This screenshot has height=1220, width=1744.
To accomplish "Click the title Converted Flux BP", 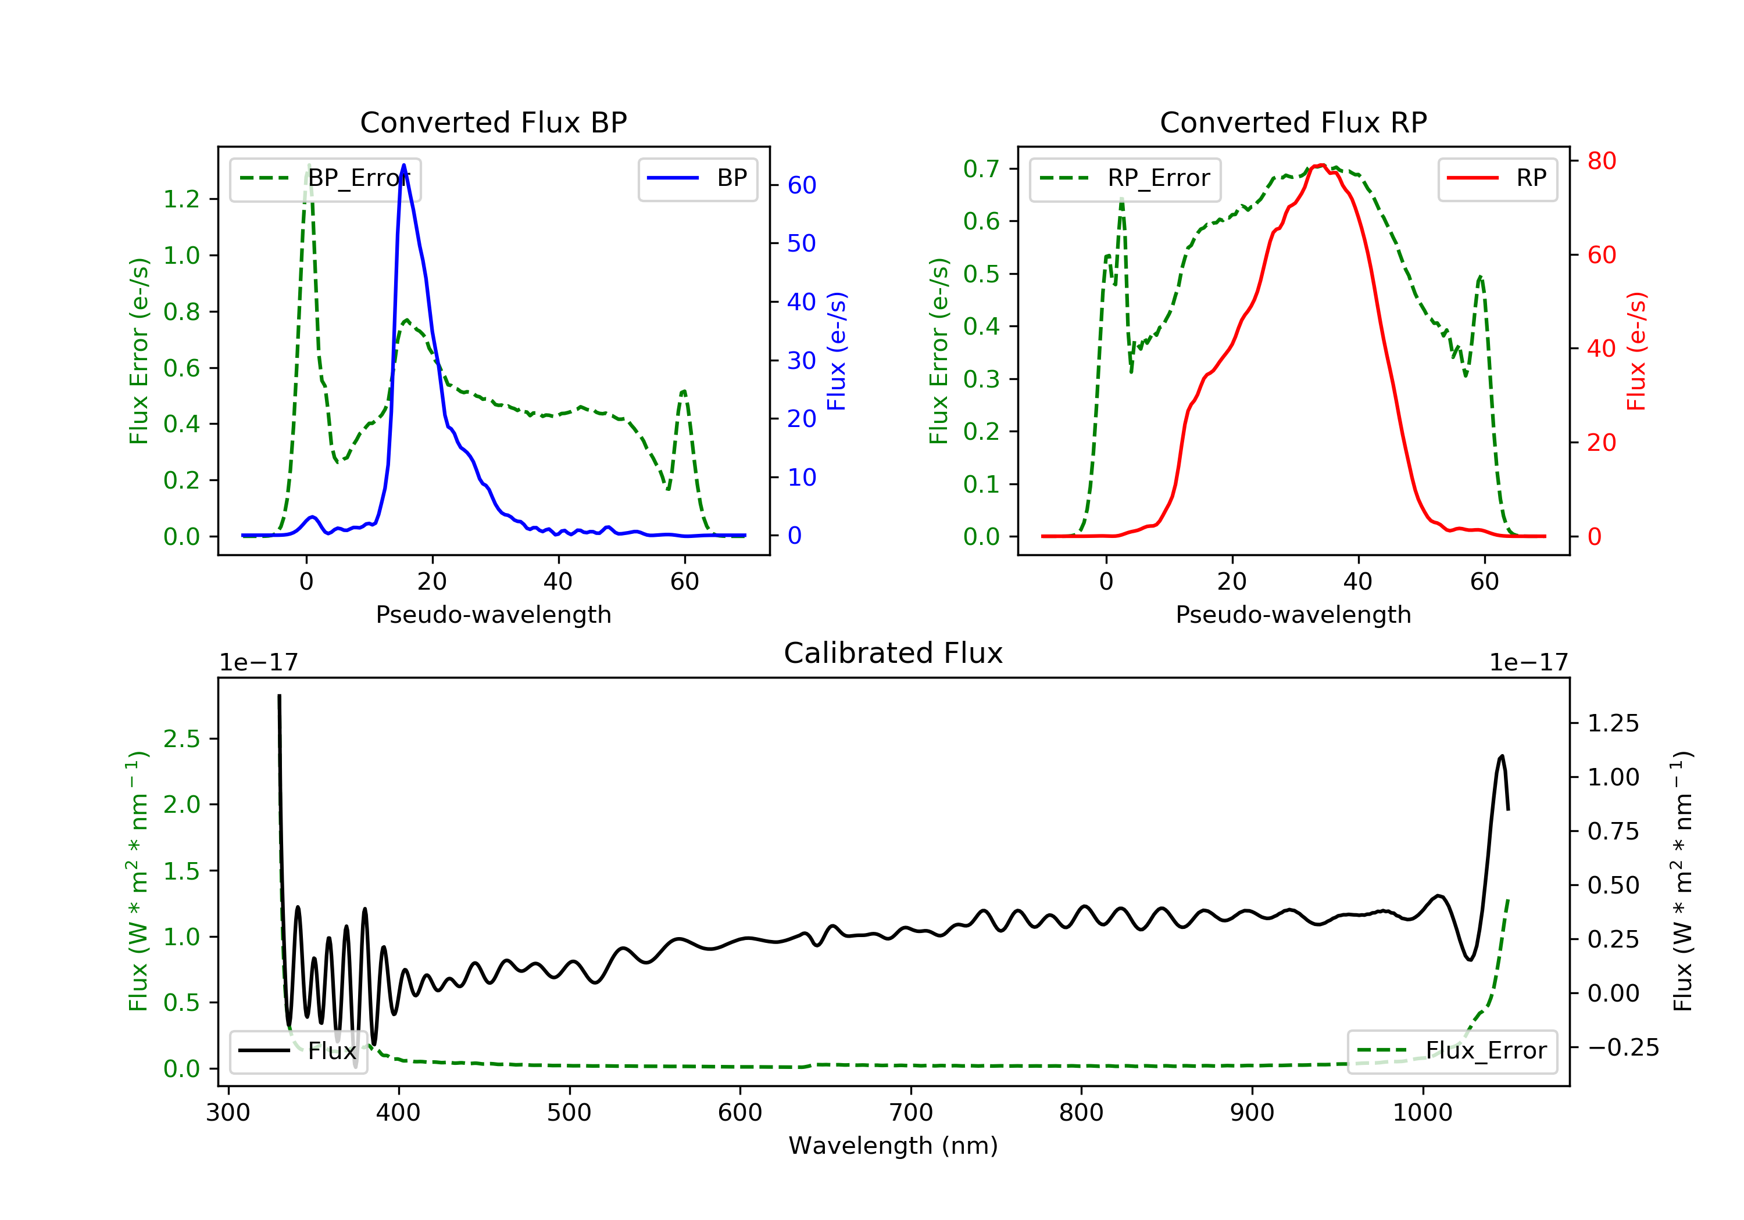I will tap(493, 122).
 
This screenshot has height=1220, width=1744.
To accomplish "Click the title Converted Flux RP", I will tap(1293, 122).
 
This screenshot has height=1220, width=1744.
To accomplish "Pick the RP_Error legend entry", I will tap(1124, 178).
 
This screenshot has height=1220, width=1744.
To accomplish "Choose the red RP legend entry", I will tap(1497, 178).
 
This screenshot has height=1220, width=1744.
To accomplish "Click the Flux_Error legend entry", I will tap(1452, 1051).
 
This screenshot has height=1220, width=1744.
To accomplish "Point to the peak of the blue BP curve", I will tap(403, 165).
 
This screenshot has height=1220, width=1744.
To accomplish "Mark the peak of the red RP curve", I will tap(1322, 165).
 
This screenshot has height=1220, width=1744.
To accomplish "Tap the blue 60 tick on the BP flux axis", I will tap(801, 185).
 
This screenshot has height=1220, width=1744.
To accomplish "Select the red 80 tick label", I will tap(1601, 161).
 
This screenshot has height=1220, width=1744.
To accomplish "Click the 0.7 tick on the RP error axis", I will tap(981, 168).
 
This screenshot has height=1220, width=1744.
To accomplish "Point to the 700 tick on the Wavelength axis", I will tap(911, 1113).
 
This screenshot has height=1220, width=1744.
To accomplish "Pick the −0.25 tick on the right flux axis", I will tap(1623, 1047).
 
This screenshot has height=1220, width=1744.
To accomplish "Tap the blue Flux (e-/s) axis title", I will tap(837, 351).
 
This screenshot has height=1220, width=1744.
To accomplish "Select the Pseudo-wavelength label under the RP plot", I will tap(1293, 614).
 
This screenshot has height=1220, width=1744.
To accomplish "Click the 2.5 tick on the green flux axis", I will tap(181, 738).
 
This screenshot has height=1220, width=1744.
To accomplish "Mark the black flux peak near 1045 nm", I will tap(1502, 756).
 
